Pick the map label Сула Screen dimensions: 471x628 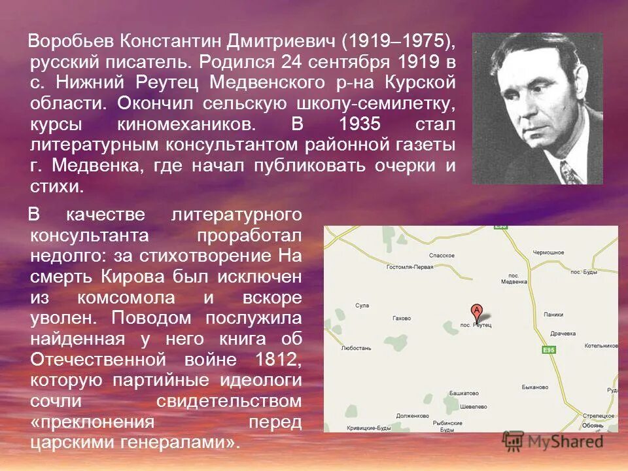pyautogui.click(x=362, y=305)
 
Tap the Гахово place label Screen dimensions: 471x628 pyautogui.click(x=401, y=318)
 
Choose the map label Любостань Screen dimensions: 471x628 pyautogui.click(x=357, y=348)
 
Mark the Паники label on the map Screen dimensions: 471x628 pyautogui.click(x=553, y=314)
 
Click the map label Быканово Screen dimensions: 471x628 pyautogui.click(x=535, y=387)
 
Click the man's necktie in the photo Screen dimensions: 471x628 pyautogui.click(x=570, y=173)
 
